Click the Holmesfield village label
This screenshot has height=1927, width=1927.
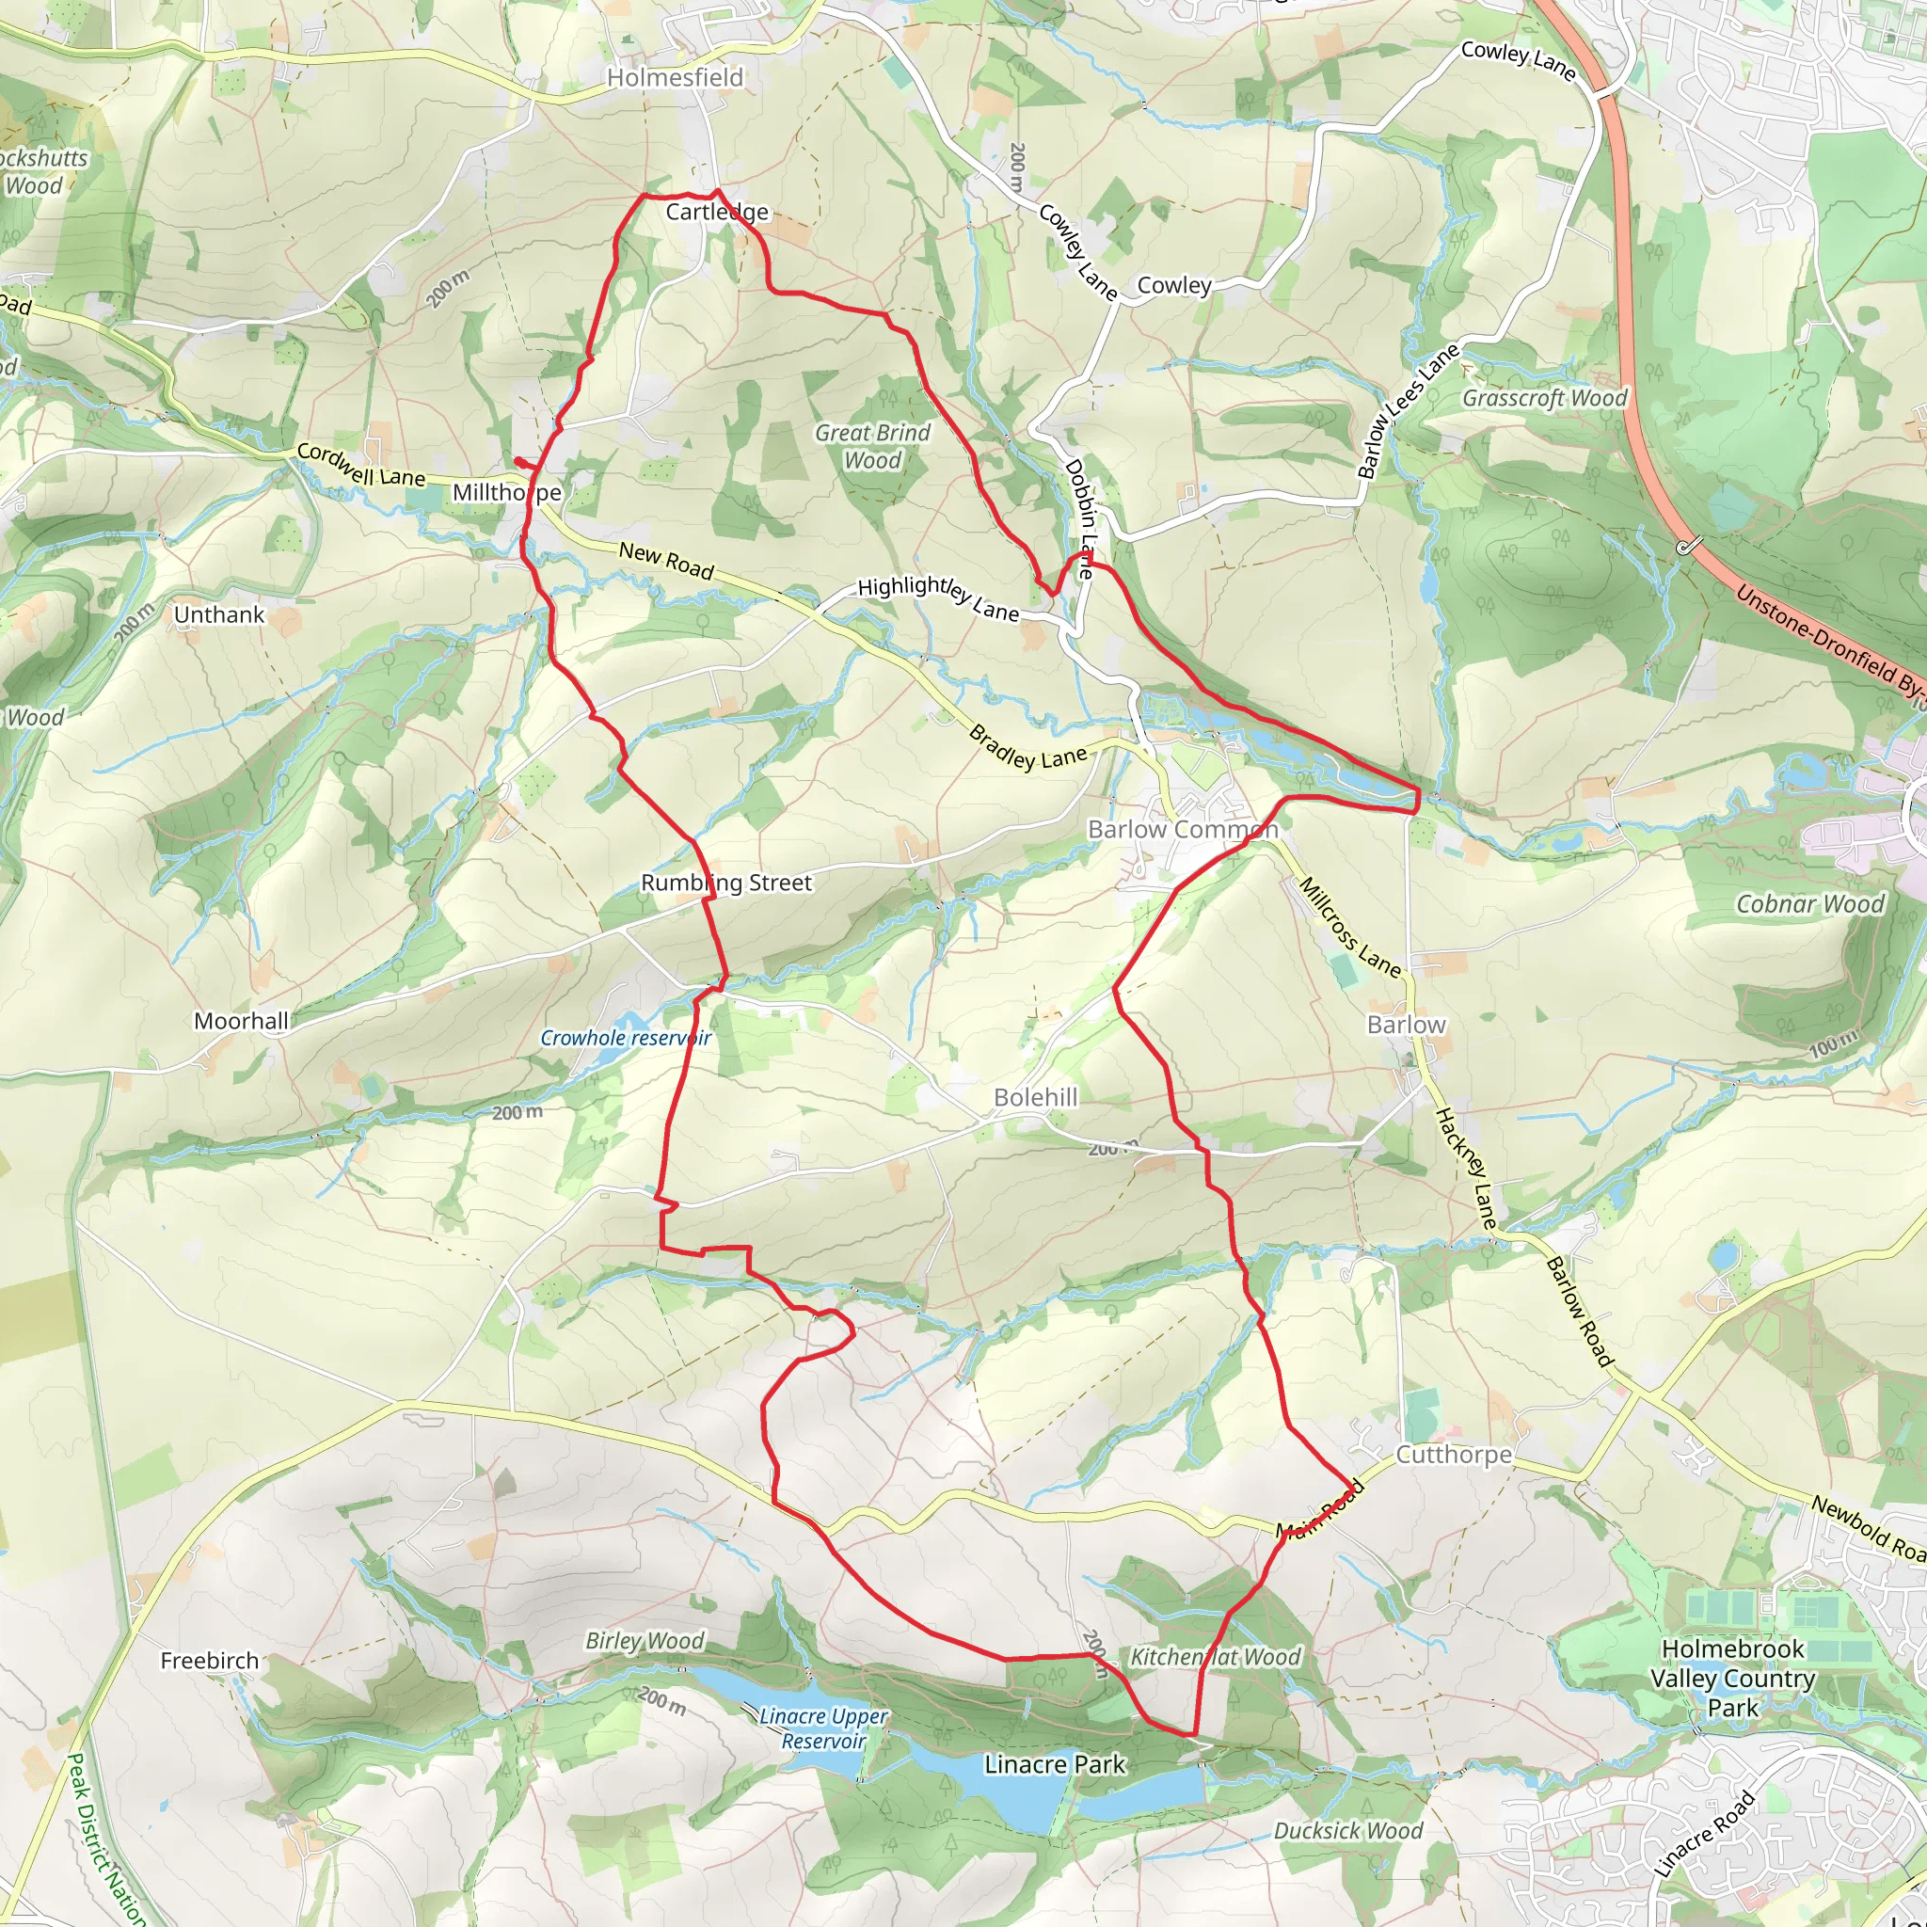[x=676, y=78]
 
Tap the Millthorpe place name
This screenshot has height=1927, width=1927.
[x=507, y=493]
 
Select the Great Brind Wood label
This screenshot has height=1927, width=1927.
[x=873, y=446]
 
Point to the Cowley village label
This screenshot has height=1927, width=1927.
[x=1174, y=285]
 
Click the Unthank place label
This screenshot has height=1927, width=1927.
[x=219, y=614]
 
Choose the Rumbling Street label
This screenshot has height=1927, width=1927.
[x=726, y=883]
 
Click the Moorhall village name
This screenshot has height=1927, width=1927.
[x=242, y=1021]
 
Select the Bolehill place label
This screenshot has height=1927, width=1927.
[x=1035, y=1097]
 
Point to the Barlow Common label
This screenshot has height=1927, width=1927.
[x=1183, y=830]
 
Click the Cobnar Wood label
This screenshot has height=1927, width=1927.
[x=1810, y=903]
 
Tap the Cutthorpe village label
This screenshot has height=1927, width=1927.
[x=1453, y=1455]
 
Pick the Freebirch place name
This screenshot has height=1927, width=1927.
[x=210, y=1661]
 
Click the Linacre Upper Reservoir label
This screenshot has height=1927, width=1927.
[x=823, y=1728]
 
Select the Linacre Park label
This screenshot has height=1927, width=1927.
[x=1054, y=1764]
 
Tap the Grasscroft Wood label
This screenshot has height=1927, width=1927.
[x=1544, y=398]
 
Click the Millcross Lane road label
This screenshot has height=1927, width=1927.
[x=1349, y=927]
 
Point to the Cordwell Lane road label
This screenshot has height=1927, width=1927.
[x=361, y=466]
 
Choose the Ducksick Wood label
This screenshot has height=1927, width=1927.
[x=1347, y=1830]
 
